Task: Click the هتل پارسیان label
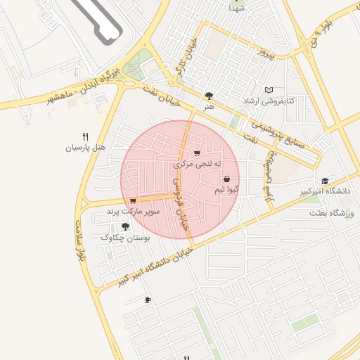(x=85, y=148)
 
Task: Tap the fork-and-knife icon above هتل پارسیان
(x=85, y=136)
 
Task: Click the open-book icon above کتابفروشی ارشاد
(x=269, y=90)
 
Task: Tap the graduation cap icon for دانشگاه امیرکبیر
(x=324, y=181)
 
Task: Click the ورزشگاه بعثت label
(x=328, y=212)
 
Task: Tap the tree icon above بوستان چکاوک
(x=125, y=226)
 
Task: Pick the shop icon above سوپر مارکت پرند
(x=133, y=201)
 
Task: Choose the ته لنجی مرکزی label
(x=198, y=164)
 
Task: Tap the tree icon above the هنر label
(x=208, y=96)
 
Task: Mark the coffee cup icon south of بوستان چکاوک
(x=148, y=300)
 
